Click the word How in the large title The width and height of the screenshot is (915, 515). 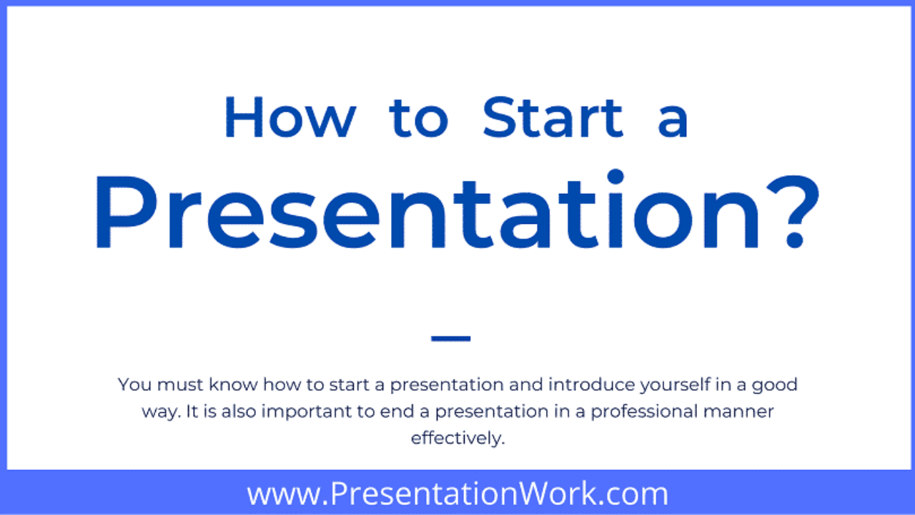tap(290, 118)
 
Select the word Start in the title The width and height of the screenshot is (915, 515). tap(553, 117)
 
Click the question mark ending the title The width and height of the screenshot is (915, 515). tap(793, 212)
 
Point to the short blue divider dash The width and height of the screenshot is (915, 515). tap(450, 338)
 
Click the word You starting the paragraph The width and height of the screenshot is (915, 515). tap(134, 385)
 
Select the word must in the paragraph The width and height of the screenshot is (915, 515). tap(180, 385)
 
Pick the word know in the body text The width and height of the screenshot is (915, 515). tap(233, 385)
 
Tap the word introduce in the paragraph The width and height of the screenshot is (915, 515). tap(591, 385)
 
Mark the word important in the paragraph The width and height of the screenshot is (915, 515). tap(307, 412)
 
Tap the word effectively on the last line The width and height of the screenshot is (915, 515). tap(458, 439)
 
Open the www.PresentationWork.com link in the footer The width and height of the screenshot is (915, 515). tap(457, 494)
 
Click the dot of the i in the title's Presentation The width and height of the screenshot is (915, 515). tap(615, 177)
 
